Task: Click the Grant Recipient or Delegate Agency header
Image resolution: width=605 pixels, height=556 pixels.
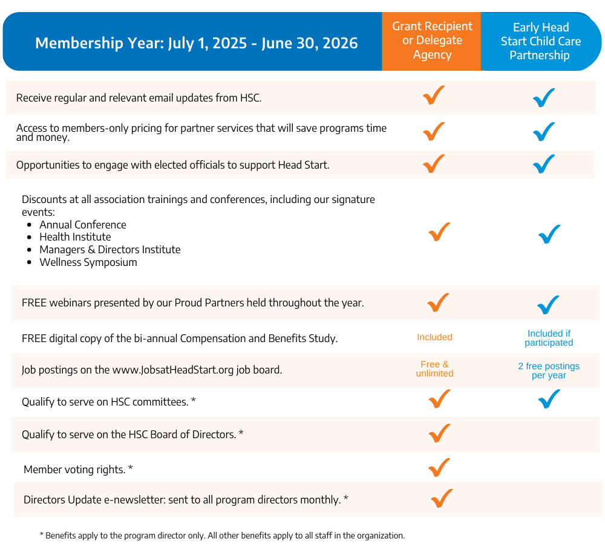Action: point(432,40)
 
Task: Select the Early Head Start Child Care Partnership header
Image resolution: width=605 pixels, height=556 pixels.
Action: point(540,41)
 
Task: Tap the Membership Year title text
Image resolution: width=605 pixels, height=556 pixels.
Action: point(196,44)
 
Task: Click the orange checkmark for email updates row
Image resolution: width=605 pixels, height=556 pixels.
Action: point(434,95)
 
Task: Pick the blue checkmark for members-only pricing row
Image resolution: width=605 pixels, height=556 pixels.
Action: point(544,131)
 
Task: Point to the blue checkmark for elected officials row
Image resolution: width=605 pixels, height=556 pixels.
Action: point(544,164)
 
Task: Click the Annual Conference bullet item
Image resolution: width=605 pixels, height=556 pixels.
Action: point(83,225)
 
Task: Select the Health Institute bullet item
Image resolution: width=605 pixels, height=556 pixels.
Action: point(75,237)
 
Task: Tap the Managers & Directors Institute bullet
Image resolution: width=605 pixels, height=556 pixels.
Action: point(110,250)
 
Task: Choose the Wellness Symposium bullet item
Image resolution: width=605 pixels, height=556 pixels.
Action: point(88,262)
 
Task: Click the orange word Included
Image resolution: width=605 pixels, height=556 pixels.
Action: point(434,337)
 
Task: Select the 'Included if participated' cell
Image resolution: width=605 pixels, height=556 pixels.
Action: point(549,338)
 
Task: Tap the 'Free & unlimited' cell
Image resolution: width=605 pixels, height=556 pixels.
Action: point(434,369)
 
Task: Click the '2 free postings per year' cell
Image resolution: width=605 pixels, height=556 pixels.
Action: point(549,370)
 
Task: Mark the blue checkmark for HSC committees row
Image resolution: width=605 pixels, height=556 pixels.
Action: point(549,399)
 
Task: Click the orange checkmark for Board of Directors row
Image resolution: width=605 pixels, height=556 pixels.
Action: point(439,433)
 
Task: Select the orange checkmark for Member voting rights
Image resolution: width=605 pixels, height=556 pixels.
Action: point(439,468)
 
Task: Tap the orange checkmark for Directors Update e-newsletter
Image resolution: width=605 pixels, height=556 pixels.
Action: point(442,499)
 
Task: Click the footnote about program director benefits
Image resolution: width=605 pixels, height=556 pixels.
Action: point(222,535)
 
